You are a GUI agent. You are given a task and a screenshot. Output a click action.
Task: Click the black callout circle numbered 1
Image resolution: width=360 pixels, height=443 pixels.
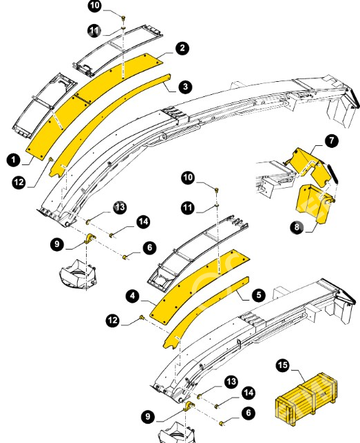[x=14, y=160]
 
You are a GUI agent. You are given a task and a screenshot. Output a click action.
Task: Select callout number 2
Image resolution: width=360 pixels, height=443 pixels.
[x=182, y=47]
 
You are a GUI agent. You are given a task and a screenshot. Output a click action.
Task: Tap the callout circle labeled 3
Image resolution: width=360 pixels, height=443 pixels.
[x=186, y=87]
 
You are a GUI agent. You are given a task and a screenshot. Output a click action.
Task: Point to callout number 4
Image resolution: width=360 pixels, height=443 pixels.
[x=133, y=296]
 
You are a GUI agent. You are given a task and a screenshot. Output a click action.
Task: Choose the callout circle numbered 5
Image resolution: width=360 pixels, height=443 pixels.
[x=259, y=295]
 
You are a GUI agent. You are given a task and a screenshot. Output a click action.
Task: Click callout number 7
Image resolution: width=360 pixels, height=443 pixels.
[x=331, y=140]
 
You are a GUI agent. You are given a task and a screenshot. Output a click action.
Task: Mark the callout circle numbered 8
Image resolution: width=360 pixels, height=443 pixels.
[x=297, y=226]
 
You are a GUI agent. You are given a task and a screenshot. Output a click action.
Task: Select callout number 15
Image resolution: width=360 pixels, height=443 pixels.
[x=283, y=365]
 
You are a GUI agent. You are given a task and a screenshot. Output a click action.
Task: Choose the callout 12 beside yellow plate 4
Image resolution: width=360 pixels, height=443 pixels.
[x=113, y=320]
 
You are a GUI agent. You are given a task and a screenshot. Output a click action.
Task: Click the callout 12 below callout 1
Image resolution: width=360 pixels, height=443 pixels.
[x=19, y=182]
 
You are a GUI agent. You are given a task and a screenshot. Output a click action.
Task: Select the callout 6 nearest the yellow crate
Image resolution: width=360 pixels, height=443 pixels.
[x=248, y=413]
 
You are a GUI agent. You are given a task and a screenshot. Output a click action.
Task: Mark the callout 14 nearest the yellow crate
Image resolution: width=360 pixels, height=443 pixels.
[x=249, y=393]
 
